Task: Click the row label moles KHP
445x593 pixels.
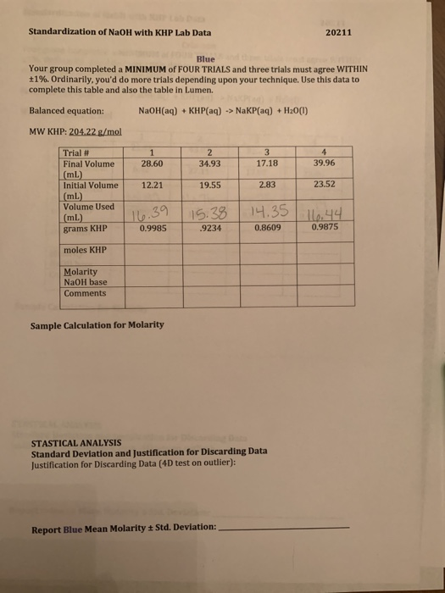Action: click(86, 251)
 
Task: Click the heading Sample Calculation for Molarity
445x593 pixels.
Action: click(97, 325)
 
